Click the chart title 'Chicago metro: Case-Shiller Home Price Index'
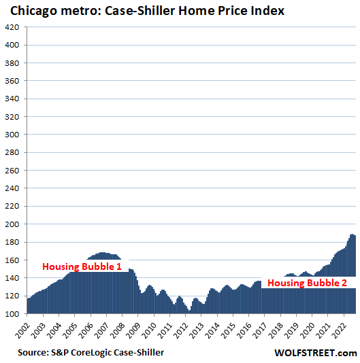click(143, 11)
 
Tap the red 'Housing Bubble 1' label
click(82, 267)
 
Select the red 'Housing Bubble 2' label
click(306, 283)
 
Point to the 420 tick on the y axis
click(14, 28)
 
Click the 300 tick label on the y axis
click(14, 135)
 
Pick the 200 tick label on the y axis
click(14, 224)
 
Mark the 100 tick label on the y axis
click(14, 313)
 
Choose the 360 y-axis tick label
click(14, 81)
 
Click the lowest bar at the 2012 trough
click(189, 312)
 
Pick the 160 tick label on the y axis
click(14, 260)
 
